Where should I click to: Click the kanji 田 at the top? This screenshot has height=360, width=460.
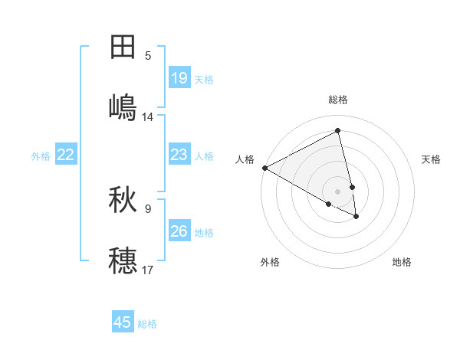point(123,47)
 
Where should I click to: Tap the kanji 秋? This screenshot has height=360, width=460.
point(123,200)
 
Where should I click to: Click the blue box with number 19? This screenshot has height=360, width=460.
point(179,77)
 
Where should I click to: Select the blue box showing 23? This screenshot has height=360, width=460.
point(179,155)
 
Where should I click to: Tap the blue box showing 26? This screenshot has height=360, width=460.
point(179,231)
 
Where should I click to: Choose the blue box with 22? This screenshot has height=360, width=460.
point(66,155)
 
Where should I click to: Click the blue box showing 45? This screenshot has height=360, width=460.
point(123,322)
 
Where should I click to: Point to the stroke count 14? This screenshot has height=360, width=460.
point(148,117)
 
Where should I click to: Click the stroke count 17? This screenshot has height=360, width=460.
point(148,270)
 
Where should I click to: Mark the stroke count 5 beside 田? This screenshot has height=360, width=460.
point(148,56)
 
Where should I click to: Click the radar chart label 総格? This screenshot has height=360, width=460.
point(338,100)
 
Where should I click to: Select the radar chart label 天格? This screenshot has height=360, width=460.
point(431,159)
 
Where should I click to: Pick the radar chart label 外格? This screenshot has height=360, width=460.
point(270,262)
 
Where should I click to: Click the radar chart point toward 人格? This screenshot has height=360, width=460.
point(264,168)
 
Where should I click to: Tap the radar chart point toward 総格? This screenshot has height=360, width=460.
point(338,131)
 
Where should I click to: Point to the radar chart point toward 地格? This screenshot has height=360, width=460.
point(356,217)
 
